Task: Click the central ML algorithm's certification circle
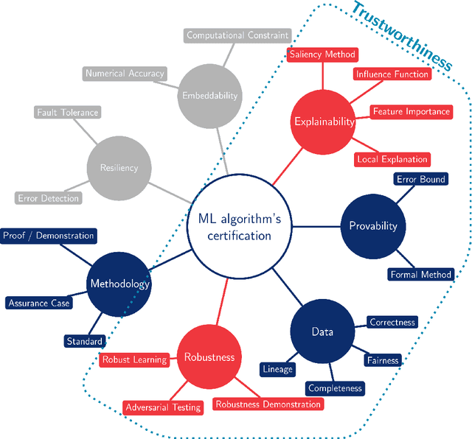click(x=235, y=226)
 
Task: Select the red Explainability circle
click(x=324, y=122)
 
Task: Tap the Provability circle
click(x=372, y=226)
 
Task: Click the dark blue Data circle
click(x=322, y=331)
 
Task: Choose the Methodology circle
click(x=119, y=284)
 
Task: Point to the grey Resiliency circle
click(x=119, y=167)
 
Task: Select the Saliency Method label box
click(x=322, y=55)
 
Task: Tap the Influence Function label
click(x=392, y=74)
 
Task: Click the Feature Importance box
click(x=411, y=111)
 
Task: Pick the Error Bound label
click(x=421, y=179)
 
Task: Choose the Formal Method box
click(x=420, y=275)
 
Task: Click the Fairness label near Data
click(x=383, y=360)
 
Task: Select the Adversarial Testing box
click(x=163, y=407)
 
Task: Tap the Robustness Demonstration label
click(x=268, y=404)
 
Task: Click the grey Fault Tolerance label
click(x=67, y=113)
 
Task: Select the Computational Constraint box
click(x=237, y=35)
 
